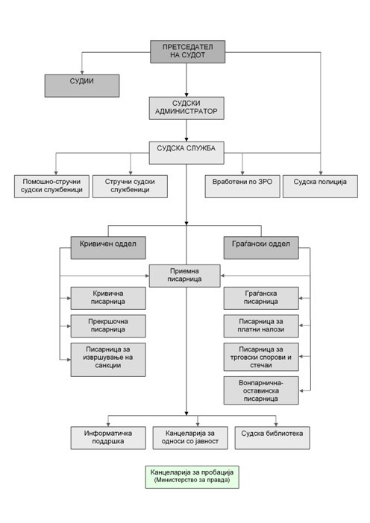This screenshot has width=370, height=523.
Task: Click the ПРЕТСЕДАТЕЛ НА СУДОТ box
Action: coord(188,51)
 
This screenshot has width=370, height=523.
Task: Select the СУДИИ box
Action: coord(82,86)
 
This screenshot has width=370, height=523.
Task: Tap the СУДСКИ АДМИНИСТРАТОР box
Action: coord(186,108)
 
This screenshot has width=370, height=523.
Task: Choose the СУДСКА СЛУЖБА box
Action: coord(186,153)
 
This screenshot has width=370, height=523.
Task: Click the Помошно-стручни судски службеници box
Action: coord(51,186)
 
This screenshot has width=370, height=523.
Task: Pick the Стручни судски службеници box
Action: coord(130,186)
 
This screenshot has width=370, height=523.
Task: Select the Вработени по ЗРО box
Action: coord(242,186)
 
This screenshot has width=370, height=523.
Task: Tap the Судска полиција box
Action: coord(320,186)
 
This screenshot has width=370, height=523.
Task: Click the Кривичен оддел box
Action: coord(108,248)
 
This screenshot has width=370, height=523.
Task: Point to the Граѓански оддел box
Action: coord(261,248)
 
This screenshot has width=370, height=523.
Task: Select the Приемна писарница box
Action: coord(185,276)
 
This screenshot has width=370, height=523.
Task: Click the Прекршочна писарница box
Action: coord(108,326)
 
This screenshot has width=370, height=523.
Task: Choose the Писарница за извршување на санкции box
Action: coord(108,360)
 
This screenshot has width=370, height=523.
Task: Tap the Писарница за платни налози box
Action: coord(261,326)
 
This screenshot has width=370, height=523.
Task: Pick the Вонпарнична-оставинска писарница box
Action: coord(261,390)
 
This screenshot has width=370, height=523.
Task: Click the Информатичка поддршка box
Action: coord(108,437)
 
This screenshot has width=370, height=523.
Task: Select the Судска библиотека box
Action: coord(272,437)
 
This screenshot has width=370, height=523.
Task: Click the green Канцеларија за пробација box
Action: coord(192,477)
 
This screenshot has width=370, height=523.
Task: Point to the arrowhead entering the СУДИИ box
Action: coord(82,72)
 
